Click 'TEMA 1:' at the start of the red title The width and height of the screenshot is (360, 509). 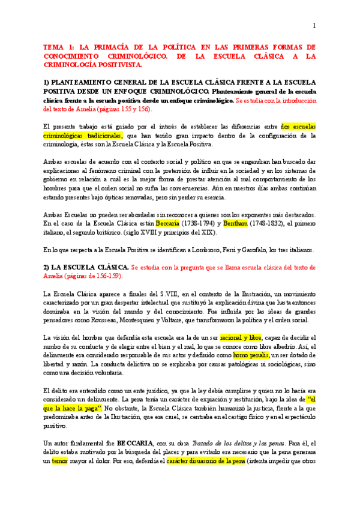click(x=59, y=46)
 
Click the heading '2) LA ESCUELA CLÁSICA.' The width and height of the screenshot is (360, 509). click(x=85, y=267)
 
